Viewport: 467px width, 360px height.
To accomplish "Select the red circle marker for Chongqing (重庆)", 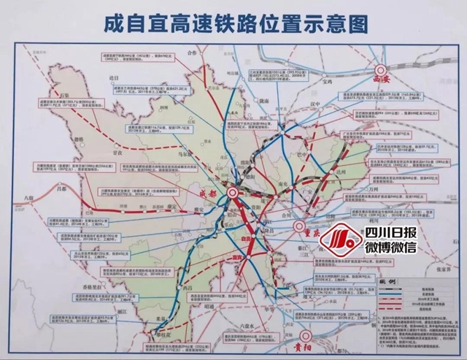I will click(x=298, y=228).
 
